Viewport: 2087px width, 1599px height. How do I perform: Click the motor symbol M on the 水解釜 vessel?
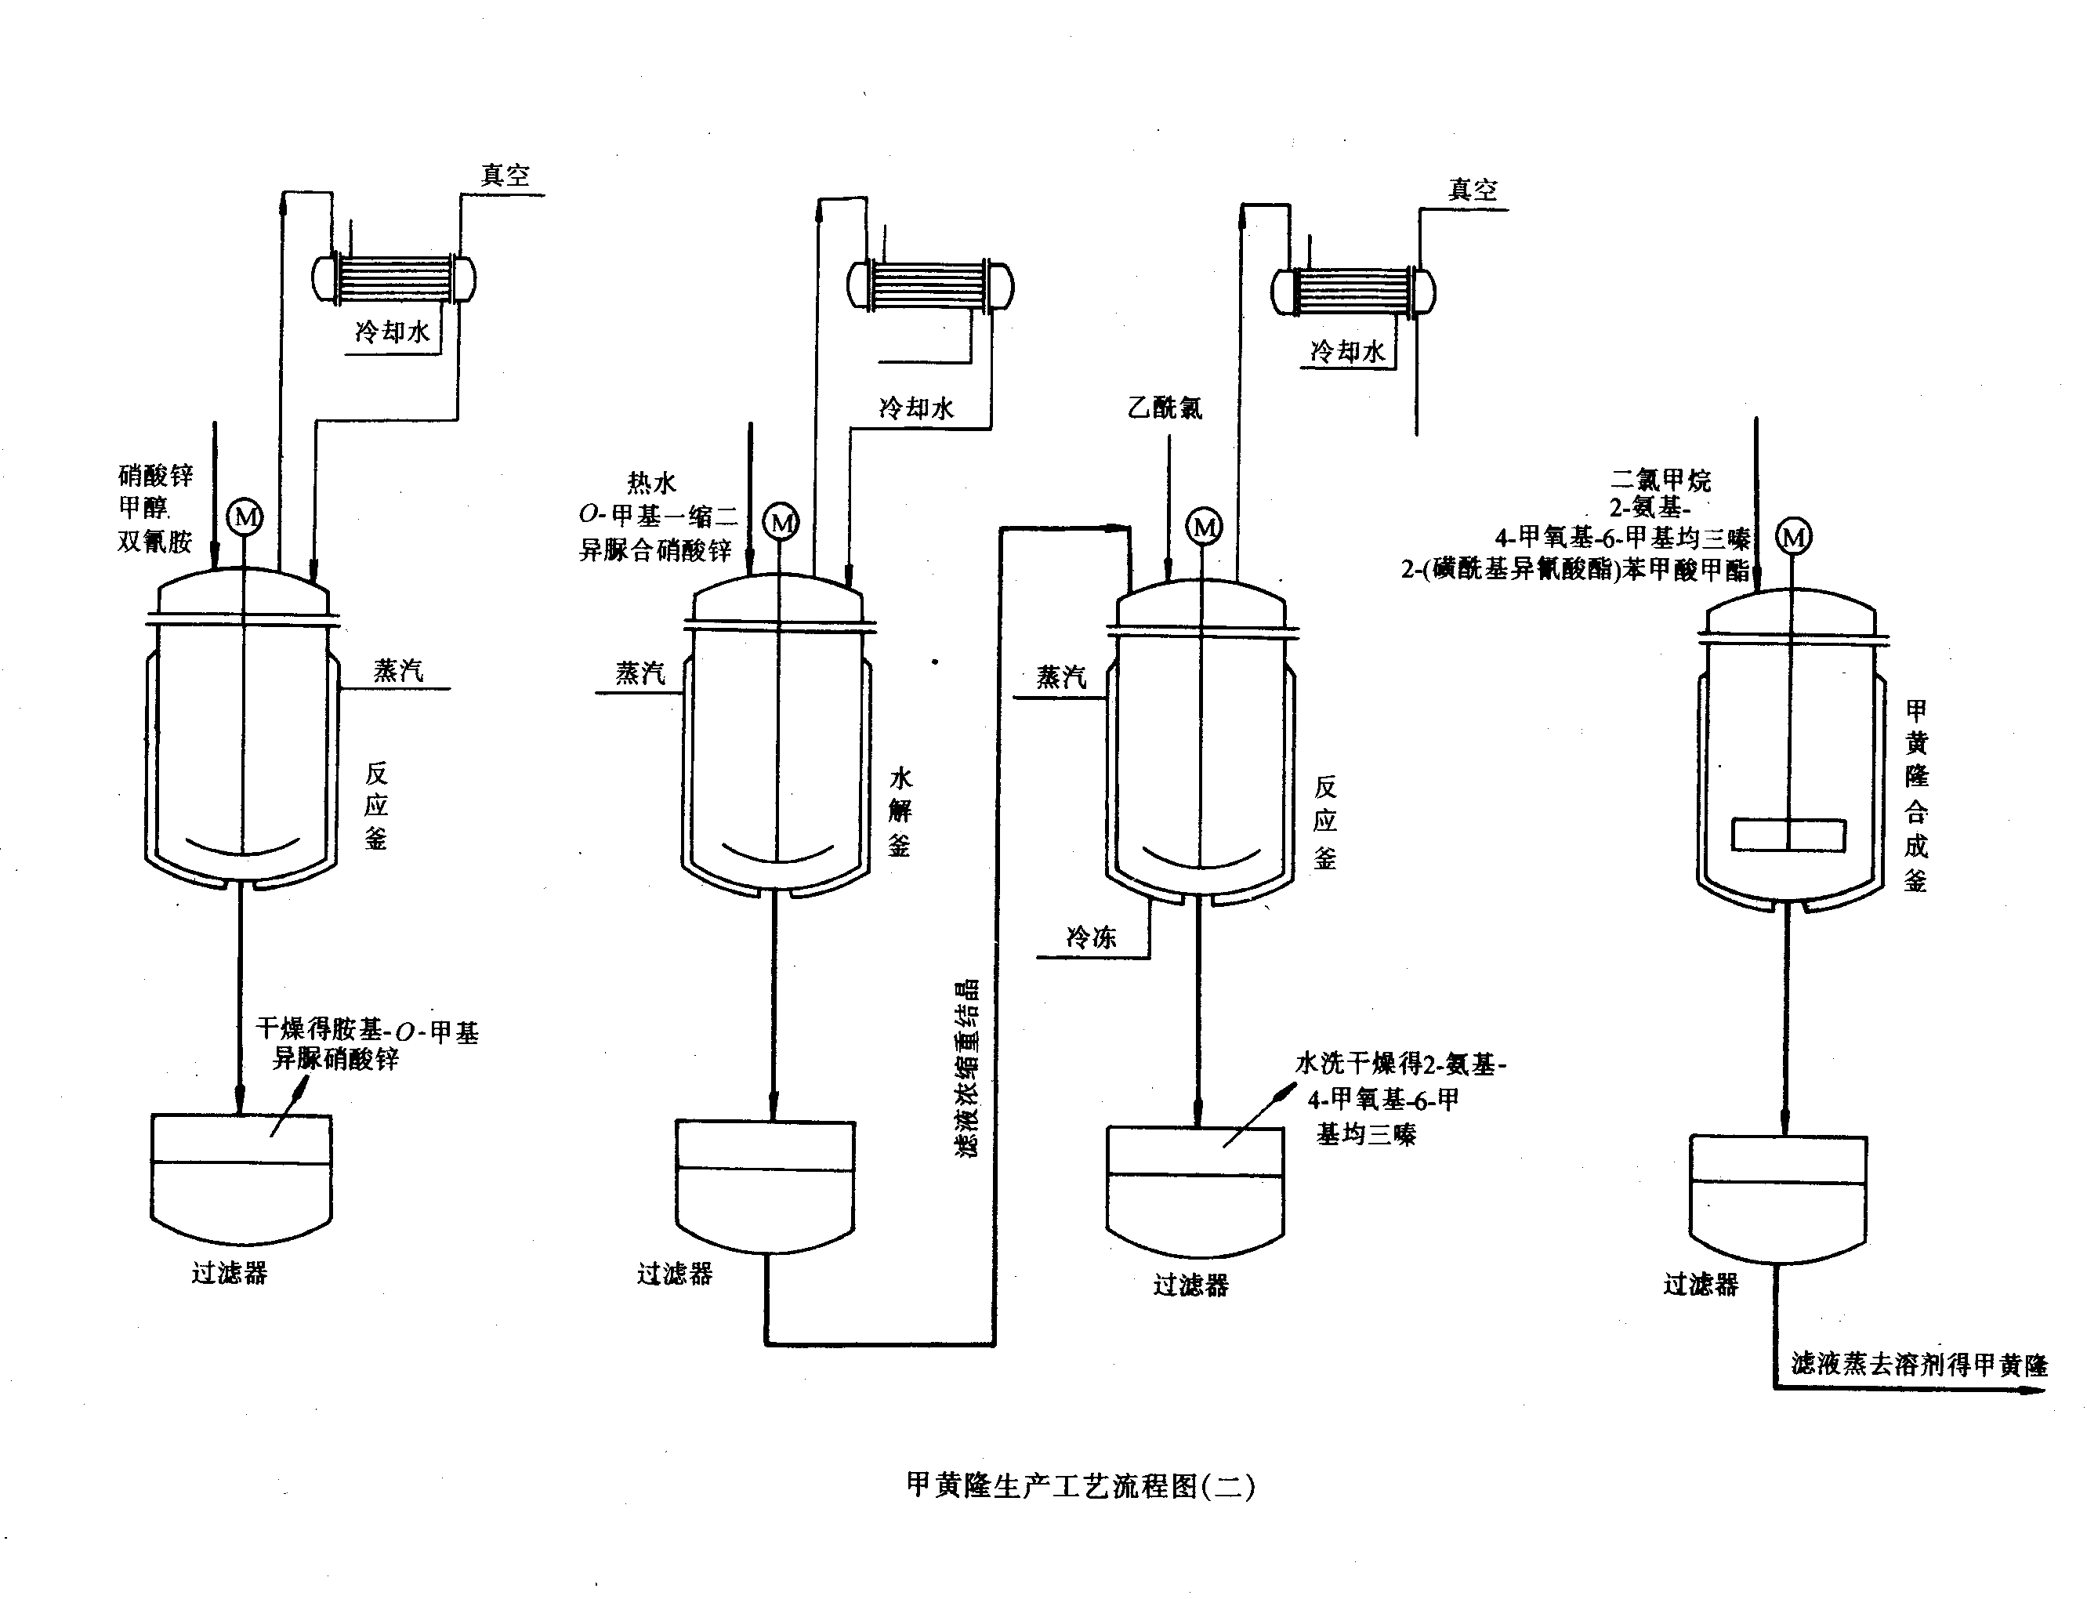pos(781,523)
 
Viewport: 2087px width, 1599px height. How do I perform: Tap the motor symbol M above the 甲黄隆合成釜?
pos(1794,538)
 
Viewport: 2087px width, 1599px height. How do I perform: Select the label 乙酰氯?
pos(1165,408)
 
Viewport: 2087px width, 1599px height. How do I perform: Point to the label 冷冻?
pos(1091,937)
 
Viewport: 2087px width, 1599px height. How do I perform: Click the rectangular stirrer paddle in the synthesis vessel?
pos(1788,835)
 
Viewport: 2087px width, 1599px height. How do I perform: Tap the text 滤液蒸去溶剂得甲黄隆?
pos(1919,1365)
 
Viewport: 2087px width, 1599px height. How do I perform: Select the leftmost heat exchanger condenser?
pos(395,279)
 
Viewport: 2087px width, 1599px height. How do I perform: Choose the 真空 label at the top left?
pos(505,175)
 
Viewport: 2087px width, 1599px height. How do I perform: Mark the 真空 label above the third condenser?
pos(1473,190)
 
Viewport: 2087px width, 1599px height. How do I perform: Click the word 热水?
pos(651,483)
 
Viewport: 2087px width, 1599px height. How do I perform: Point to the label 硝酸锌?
pos(155,475)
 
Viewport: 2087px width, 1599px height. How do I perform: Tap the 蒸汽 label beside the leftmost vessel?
pos(398,671)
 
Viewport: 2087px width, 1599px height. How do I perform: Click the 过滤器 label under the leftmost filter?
pos(230,1273)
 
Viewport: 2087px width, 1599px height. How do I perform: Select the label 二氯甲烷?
pos(1661,480)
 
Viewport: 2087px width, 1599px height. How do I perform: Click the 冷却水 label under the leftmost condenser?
pos(392,332)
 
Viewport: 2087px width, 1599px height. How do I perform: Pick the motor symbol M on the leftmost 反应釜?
pos(245,517)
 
